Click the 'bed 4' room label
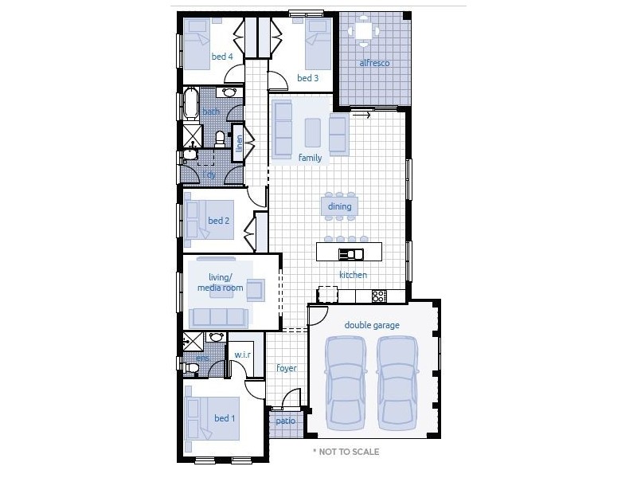[x=222, y=57]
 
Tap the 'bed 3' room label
[x=308, y=78]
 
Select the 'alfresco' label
[x=374, y=63]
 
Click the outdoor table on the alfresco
[x=365, y=30]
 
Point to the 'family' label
[x=310, y=158]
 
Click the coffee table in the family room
[x=313, y=131]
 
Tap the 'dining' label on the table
[x=339, y=206]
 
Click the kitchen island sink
[x=351, y=254]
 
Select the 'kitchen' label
[x=353, y=275]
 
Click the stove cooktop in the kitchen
[x=379, y=296]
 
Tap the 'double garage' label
[x=372, y=325]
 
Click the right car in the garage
[x=397, y=382]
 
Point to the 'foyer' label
[x=287, y=368]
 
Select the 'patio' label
[x=285, y=421]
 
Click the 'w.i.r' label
[x=242, y=355]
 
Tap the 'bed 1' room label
[x=225, y=418]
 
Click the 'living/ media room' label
[x=220, y=282]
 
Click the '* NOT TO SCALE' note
[x=346, y=452]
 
